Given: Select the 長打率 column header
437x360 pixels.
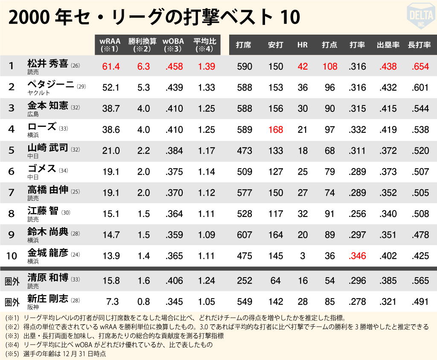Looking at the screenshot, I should pos(419,45).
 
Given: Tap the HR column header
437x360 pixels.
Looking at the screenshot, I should pos(302,45).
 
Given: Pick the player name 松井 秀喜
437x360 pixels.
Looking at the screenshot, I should pos(48,64).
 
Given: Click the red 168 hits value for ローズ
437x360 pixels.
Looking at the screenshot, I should pos(276,129).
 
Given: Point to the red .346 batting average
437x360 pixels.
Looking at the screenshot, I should pos(357,256).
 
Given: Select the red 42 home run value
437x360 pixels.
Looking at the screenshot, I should pos(303,66).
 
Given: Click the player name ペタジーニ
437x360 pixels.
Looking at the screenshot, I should pos(51,85).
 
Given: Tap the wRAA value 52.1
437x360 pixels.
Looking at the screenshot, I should pos(111,88).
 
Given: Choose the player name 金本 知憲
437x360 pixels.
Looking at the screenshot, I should pos(48,106).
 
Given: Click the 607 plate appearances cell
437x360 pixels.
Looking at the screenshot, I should pos(245,234).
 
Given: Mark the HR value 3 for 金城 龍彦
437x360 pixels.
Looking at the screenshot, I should pos(303,256).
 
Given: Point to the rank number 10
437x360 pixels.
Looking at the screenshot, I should pos(12,256).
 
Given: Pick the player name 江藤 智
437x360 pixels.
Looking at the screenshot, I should pos(43,211).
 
